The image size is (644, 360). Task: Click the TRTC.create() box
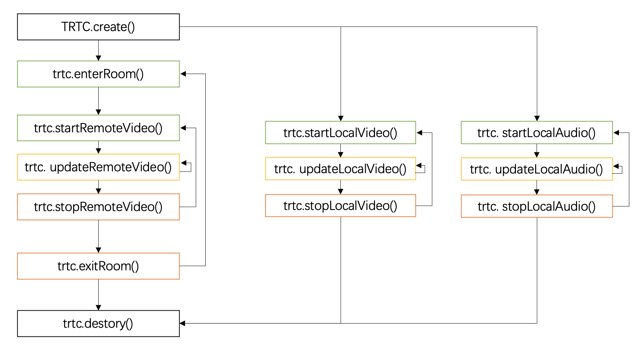click(98, 27)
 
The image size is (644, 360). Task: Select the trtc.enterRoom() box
click(98, 74)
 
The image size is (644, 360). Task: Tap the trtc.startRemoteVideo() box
click(98, 128)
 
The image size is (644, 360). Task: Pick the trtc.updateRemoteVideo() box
click(98, 167)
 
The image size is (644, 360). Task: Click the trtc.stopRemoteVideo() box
click(98, 207)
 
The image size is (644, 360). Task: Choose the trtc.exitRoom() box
click(98, 266)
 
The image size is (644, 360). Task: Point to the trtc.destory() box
click(98, 324)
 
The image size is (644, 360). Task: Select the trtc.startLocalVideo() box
click(340, 133)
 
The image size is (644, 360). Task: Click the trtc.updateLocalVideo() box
click(340, 169)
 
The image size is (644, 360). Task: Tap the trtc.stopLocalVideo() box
click(340, 206)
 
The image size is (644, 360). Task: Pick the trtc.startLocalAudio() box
click(537, 133)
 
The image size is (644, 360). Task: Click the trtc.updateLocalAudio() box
click(537, 169)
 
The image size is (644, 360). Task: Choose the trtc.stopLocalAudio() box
click(537, 207)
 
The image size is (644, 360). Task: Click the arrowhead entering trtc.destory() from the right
click(183, 324)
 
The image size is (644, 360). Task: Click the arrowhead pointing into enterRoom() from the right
click(183, 74)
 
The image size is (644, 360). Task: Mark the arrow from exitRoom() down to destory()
click(98, 294)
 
